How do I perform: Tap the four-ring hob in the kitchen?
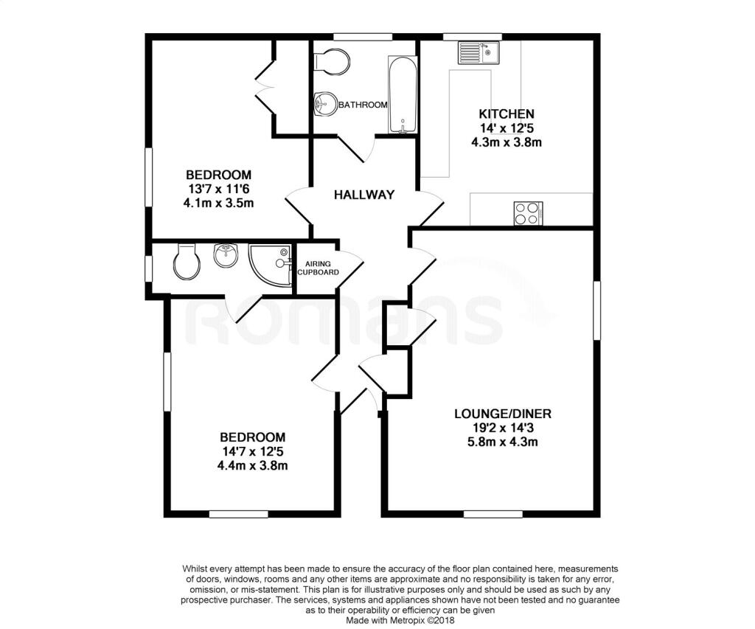(x=528, y=213)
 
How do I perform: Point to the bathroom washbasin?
(x=324, y=105)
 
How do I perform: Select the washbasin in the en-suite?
(x=226, y=256)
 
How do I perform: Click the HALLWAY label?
(x=364, y=195)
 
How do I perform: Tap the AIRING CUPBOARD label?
(x=318, y=268)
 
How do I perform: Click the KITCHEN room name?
(x=507, y=114)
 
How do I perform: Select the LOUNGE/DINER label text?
(x=502, y=413)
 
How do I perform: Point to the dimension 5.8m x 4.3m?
(x=502, y=442)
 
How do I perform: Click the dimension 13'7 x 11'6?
(x=218, y=189)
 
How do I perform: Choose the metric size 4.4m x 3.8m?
(x=251, y=465)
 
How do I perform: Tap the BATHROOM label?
(x=363, y=105)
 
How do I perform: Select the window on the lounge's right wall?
(x=596, y=309)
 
